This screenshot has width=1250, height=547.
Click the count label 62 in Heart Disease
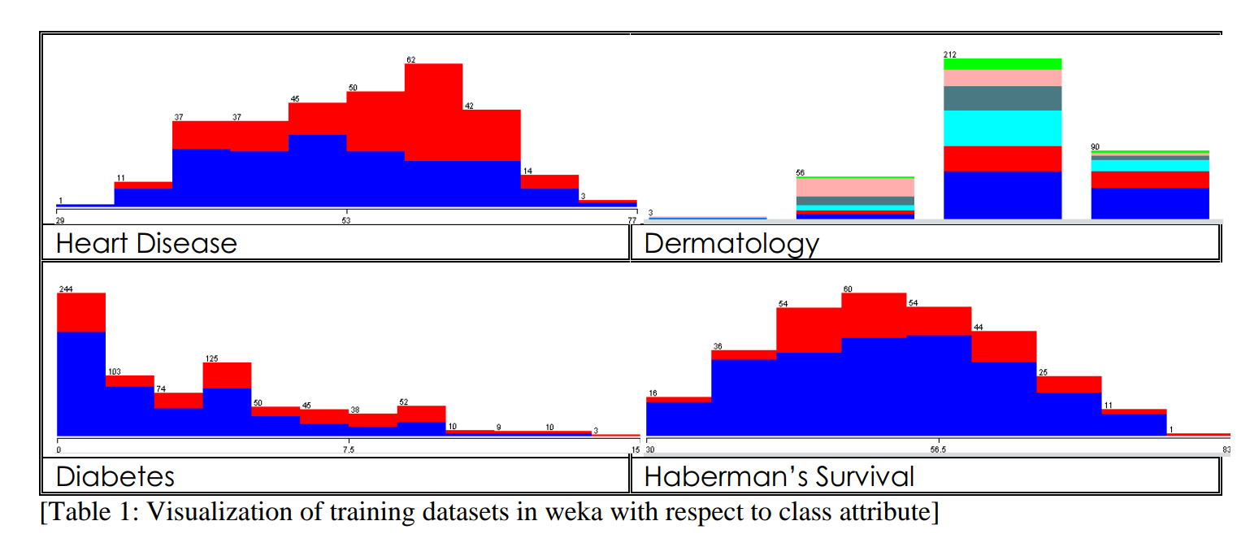pyautogui.click(x=410, y=59)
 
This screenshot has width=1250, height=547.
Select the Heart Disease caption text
pyautogui.click(x=146, y=243)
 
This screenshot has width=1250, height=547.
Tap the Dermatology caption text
pyautogui.click(x=731, y=243)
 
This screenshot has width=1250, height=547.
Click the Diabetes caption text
pyautogui.click(x=115, y=475)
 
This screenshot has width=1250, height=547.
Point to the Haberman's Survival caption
pyautogui.click(x=778, y=475)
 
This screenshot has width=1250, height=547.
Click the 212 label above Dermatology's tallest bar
pyautogui.click(x=949, y=54)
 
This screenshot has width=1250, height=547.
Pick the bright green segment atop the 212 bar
pyautogui.click(x=1002, y=64)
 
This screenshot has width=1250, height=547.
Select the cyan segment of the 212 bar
pyautogui.click(x=1002, y=128)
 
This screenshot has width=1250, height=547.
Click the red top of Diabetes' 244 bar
pyautogui.click(x=81, y=312)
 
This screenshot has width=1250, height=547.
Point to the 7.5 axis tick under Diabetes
pyautogui.click(x=348, y=449)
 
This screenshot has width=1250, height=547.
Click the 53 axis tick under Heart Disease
pyautogui.click(x=346, y=220)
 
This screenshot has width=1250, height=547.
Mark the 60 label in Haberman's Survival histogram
pyautogui.click(x=848, y=289)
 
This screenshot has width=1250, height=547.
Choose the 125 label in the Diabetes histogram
pyautogui.click(x=211, y=358)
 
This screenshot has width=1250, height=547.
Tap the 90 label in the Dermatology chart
pyautogui.click(x=1095, y=147)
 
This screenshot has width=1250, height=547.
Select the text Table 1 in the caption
pyautogui.click(x=81, y=513)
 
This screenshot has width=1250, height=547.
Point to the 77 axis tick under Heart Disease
pyautogui.click(x=632, y=220)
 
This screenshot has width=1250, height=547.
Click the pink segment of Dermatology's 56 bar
pyautogui.click(x=855, y=187)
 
